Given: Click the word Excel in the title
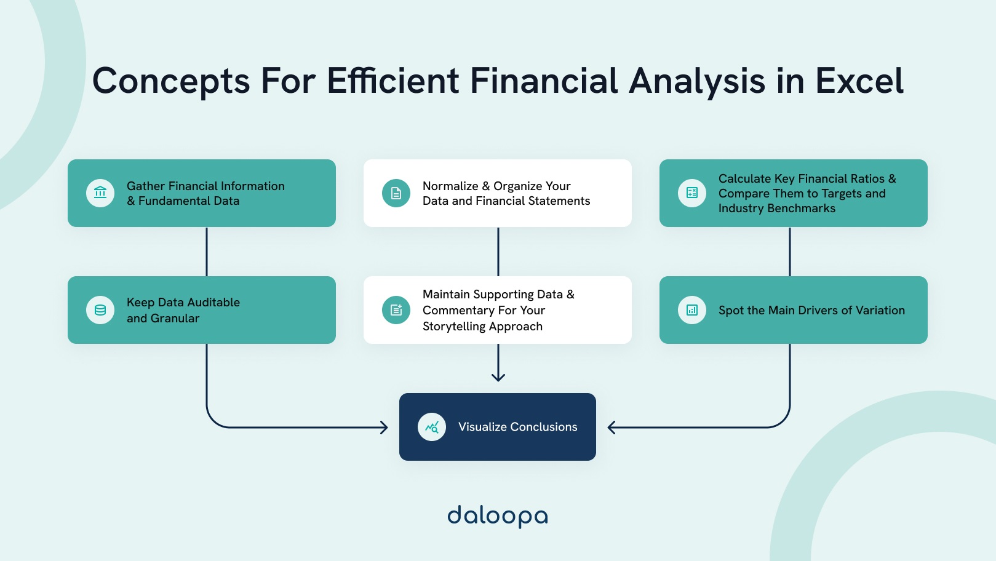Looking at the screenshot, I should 859,81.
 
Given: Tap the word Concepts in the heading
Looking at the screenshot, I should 171,81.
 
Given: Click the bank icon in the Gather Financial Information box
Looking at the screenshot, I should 100,193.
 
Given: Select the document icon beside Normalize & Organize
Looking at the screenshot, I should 396,193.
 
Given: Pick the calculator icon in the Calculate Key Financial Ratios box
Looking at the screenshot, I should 692,193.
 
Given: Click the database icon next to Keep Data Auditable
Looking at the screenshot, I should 100,310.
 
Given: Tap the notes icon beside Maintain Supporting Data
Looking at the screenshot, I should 396,310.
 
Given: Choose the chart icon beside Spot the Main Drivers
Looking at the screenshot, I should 692,310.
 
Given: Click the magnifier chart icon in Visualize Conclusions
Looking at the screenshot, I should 432,427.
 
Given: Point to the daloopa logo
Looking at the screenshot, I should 498,515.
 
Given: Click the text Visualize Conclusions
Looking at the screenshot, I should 517,427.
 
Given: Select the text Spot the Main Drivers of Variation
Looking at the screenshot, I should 811,311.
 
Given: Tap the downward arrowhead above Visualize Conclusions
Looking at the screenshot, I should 498,376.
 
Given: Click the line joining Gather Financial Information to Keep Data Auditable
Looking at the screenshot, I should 207,252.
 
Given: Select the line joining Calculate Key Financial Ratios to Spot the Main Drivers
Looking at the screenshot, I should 790,252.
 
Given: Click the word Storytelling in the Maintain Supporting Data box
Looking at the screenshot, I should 454,327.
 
